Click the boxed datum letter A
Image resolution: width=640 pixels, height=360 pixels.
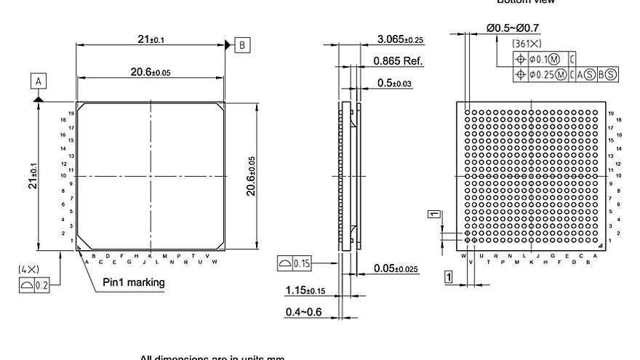coord(38,80)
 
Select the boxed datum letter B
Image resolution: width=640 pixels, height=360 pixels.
coord(241,45)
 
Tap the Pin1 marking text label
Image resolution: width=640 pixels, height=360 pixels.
coord(133,282)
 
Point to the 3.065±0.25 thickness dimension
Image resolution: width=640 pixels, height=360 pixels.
coord(401,39)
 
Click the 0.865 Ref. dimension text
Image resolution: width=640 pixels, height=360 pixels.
coord(398,61)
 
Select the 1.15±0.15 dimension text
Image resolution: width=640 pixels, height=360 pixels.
coord(305,291)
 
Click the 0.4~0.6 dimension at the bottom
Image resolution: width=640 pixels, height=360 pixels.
coord(304,312)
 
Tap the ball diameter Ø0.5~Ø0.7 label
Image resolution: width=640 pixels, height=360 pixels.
coord(513,28)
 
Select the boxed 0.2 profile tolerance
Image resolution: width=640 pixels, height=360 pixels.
coord(34,285)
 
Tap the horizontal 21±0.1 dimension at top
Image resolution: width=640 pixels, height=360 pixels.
coord(151,39)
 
